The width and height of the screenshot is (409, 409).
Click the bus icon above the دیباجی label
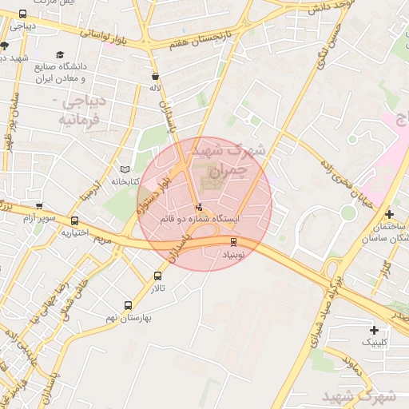[22, 14]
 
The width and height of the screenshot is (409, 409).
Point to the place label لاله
[156, 88]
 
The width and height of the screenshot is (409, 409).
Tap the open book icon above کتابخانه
[124, 169]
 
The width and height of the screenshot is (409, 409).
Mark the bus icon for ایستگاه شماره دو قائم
[200, 208]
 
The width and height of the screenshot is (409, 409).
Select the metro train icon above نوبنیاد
[233, 241]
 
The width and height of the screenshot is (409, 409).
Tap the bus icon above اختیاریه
[75, 221]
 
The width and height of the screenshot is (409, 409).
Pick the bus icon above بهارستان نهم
[128, 305]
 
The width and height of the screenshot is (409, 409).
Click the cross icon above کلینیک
[374, 330]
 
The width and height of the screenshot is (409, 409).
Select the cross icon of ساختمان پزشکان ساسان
[388, 214]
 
